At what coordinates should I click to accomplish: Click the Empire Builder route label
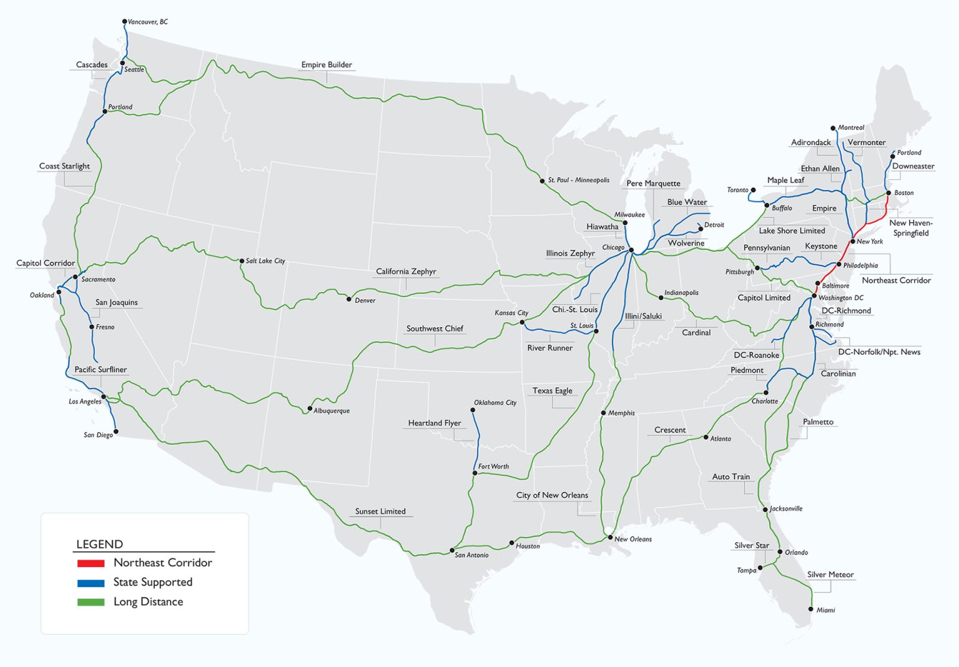pyautogui.click(x=327, y=65)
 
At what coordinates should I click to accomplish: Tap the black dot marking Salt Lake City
pyautogui.click(x=242, y=261)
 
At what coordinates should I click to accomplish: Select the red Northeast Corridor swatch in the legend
pyautogui.click(x=91, y=563)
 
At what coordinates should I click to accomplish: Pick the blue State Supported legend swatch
pyautogui.click(x=91, y=583)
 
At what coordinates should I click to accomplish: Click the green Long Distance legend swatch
pyautogui.click(x=91, y=603)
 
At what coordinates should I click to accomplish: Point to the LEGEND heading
pyautogui.click(x=99, y=544)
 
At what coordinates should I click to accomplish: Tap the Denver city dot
pyautogui.click(x=349, y=299)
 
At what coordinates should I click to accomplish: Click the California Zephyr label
pyautogui.click(x=406, y=272)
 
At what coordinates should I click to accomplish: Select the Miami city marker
pyautogui.click(x=811, y=609)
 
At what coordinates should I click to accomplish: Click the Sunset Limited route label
pyautogui.click(x=380, y=511)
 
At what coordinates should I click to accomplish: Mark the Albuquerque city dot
pyautogui.click(x=310, y=409)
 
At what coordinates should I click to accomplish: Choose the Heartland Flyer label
pyautogui.click(x=435, y=423)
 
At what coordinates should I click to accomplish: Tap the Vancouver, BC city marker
pyautogui.click(x=125, y=22)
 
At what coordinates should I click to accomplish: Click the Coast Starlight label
pyautogui.click(x=64, y=166)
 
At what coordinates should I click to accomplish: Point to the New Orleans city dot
pyautogui.click(x=610, y=537)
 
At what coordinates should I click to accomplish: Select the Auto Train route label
pyautogui.click(x=731, y=477)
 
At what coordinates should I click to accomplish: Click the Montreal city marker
pyautogui.click(x=833, y=128)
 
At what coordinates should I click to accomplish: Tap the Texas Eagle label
pyautogui.click(x=552, y=391)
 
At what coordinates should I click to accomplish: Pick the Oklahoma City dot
pyautogui.click(x=473, y=410)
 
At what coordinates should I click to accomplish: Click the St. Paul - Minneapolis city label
pyautogui.click(x=579, y=180)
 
